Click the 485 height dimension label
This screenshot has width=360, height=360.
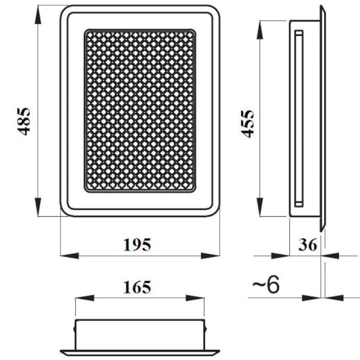click(24, 121)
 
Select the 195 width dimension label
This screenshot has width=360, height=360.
click(137, 245)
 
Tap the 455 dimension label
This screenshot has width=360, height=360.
click(247, 124)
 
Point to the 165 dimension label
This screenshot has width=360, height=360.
click(137, 287)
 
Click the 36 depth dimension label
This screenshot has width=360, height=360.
click(308, 245)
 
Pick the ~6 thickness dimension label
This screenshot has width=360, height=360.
click(266, 284)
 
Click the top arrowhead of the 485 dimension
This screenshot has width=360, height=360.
click(38, 14)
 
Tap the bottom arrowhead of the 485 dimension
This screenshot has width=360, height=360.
click(38, 206)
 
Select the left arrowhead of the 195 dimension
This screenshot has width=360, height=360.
click(69, 256)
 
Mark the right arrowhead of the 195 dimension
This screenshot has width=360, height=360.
click(210, 256)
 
